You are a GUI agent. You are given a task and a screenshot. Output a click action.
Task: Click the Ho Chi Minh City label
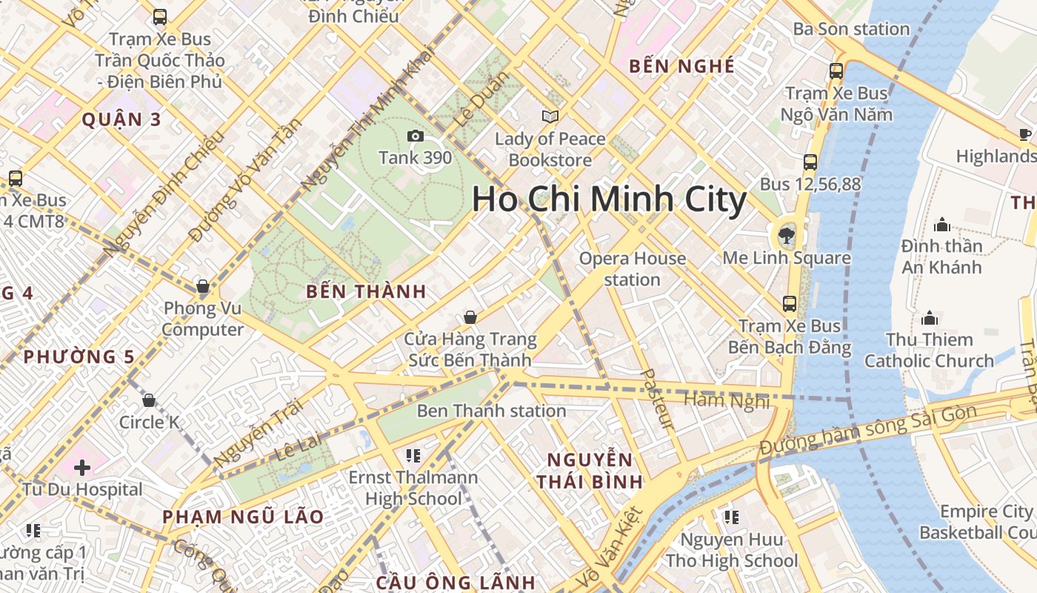pos(609,200)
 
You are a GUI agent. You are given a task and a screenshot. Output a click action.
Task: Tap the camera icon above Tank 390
pos(415,136)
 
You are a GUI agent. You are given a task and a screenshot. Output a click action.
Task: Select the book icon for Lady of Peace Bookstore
pos(550,116)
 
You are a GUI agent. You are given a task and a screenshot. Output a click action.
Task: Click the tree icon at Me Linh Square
pos(784,236)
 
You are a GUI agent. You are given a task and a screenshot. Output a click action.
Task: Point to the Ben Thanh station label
pos(491,411)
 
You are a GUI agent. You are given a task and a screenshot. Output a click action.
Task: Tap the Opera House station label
pos(632,269)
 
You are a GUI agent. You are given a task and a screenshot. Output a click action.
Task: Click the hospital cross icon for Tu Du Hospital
pos(82,468)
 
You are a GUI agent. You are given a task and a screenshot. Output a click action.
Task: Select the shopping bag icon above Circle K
pos(149,400)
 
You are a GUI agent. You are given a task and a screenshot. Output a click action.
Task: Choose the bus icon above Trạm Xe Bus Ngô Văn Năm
pos(836,71)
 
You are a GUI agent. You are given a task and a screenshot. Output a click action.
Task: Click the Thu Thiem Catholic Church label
pos(929,351)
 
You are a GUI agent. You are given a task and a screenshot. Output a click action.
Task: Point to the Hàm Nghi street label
pos(727,400)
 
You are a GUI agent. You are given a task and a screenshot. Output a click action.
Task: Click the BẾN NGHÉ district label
pos(681,66)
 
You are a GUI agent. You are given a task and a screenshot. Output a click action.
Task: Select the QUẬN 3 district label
pos(121,119)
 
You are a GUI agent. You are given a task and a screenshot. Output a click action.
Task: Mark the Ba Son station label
pos(851,29)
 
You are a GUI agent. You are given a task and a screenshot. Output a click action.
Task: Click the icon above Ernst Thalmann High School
pos(413,455)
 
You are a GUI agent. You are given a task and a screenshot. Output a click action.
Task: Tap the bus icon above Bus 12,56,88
pos(810,162)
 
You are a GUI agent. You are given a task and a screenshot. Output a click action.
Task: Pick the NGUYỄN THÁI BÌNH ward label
pos(590,470)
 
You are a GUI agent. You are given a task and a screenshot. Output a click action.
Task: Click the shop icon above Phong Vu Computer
pos(202,286)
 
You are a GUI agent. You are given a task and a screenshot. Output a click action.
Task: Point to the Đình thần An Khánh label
pos(941,256)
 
